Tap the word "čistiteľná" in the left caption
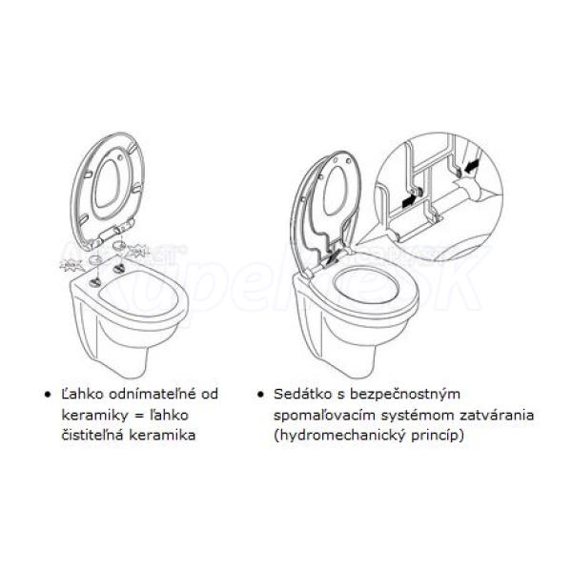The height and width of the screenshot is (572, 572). [x=92, y=435]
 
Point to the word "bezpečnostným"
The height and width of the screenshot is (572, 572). [x=405, y=395]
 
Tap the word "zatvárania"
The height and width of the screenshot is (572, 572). [x=497, y=415]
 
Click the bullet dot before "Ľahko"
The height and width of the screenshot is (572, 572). [x=48, y=395]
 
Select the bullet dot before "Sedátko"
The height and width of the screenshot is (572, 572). [x=260, y=395]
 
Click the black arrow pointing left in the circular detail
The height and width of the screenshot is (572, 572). [x=471, y=167]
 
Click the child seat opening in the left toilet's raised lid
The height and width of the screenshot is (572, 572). [x=108, y=182]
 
